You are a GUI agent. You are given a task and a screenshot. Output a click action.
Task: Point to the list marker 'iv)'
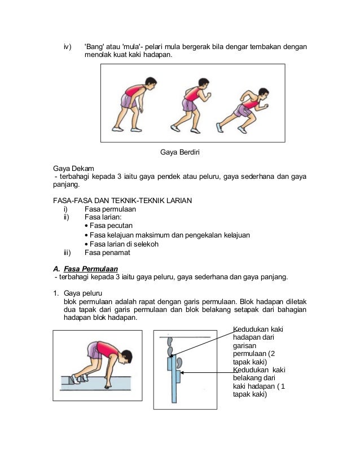coord(67,46)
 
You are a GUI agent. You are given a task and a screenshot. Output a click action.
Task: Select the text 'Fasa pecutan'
coord(111,225)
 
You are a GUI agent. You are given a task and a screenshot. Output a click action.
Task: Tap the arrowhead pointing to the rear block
coord(182,372)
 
